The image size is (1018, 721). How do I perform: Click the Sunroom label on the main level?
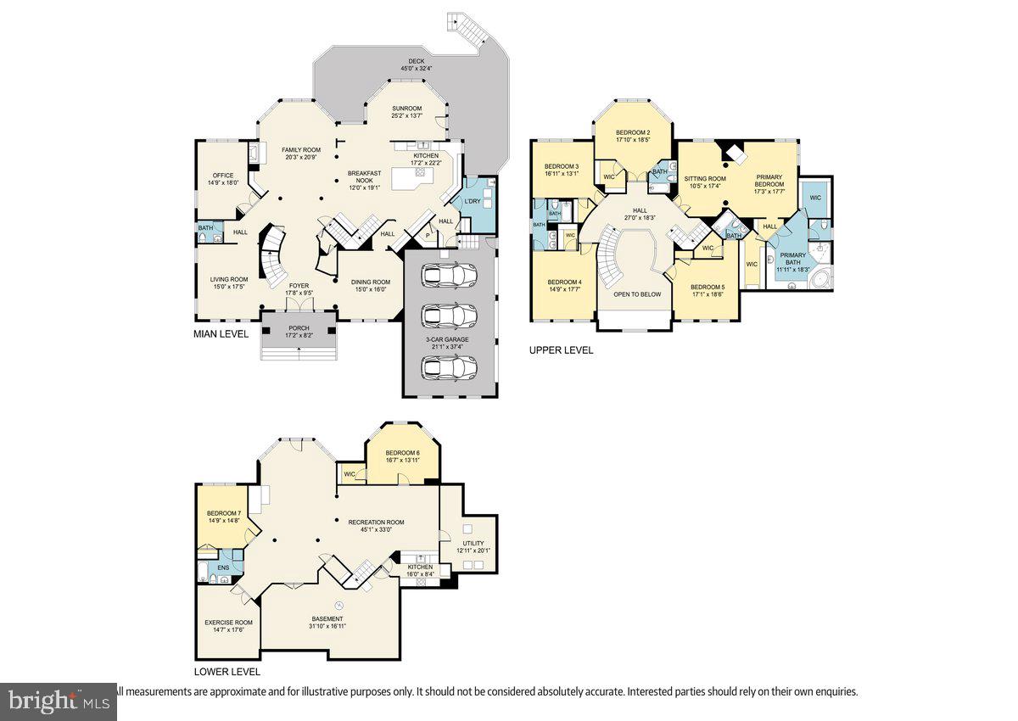click(406, 109)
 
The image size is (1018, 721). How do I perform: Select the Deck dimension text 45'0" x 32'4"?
click(417, 69)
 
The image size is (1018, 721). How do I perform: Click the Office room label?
click(223, 176)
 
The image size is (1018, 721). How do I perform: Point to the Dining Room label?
click(372, 282)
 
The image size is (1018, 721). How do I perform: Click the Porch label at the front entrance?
click(299, 328)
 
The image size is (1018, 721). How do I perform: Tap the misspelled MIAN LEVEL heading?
click(221, 334)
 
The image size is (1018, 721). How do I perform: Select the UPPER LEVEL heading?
click(561, 349)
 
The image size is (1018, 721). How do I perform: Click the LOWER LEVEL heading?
click(227, 671)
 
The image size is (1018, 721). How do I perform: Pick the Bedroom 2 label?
click(632, 133)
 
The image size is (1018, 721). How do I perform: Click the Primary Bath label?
click(793, 259)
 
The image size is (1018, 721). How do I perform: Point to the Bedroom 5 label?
click(707, 287)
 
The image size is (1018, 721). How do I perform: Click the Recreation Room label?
click(376, 523)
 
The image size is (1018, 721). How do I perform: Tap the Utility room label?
click(473, 543)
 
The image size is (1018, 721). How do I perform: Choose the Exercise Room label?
click(228, 623)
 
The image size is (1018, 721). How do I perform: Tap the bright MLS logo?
click(58, 701)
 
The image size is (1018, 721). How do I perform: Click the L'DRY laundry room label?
click(472, 201)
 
